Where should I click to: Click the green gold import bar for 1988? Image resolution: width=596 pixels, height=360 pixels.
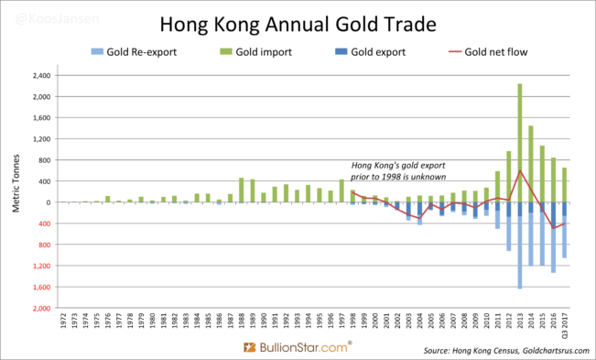click(x=242, y=190)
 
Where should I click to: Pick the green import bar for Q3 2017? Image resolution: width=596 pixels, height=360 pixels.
click(x=564, y=185)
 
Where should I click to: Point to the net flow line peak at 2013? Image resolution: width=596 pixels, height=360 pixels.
click(x=519, y=170)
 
